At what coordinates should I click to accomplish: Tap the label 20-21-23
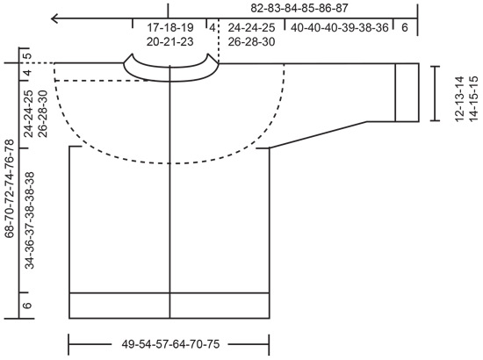(x=171, y=42)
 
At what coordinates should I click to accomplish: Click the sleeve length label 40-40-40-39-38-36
(x=339, y=28)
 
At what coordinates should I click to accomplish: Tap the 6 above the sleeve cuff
(x=405, y=28)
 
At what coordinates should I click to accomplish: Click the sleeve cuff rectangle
(x=407, y=91)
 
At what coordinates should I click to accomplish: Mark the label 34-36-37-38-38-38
(x=29, y=220)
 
